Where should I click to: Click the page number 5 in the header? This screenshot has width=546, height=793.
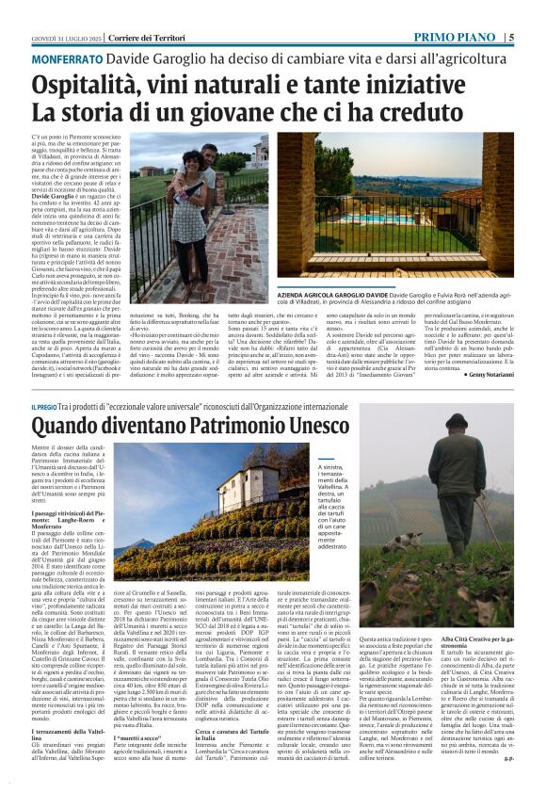tap(537, 38)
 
